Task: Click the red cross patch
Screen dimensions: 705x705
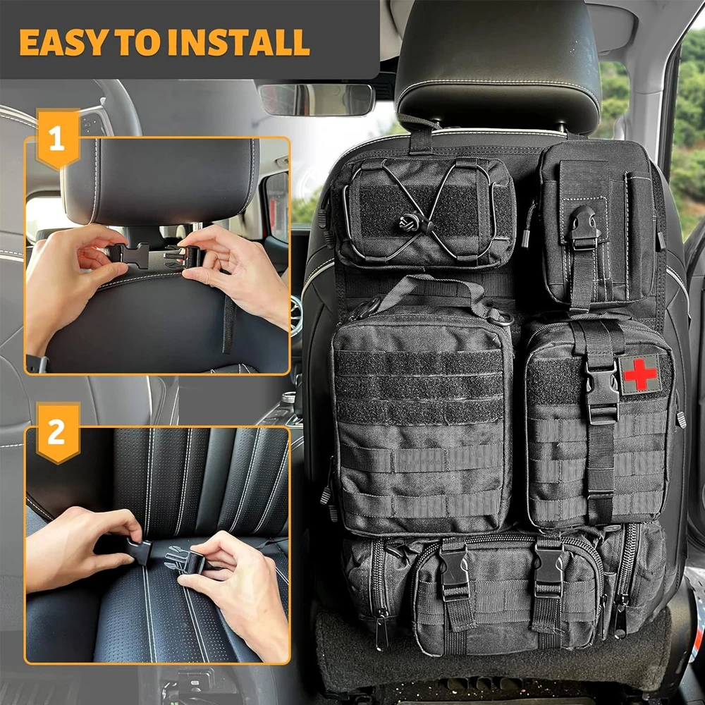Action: click(x=640, y=374)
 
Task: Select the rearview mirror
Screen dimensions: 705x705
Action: click(x=315, y=99)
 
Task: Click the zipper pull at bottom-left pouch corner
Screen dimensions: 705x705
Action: click(x=380, y=627)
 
